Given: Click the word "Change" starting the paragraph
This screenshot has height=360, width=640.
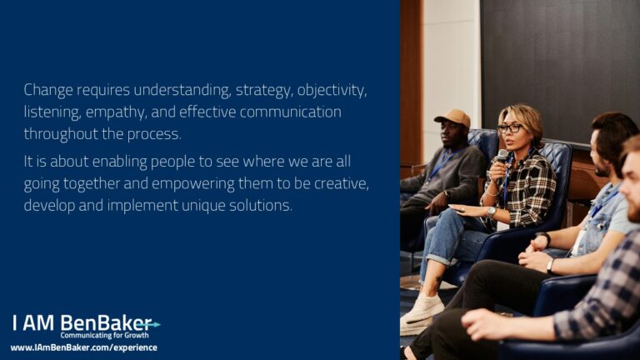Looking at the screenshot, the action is click(x=48, y=91).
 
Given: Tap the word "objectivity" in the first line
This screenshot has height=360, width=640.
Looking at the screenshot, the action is click(x=332, y=91).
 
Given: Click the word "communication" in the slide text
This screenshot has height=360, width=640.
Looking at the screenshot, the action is click(x=290, y=112).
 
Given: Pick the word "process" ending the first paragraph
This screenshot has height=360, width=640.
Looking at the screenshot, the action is click(x=154, y=135).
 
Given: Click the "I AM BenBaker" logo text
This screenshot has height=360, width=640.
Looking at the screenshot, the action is click(x=82, y=323).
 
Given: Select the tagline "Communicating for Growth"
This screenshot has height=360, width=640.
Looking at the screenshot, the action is click(x=104, y=336).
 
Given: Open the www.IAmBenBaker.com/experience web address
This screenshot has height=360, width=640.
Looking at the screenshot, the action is click(x=83, y=347).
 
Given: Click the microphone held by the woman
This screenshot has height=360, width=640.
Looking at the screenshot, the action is click(x=502, y=157).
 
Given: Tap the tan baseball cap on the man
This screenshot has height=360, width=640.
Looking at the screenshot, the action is click(x=453, y=117).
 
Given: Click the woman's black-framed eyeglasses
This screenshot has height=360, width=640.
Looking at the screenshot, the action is click(x=509, y=128).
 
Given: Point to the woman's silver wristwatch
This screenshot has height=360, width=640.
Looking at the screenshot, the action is click(x=492, y=212).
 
